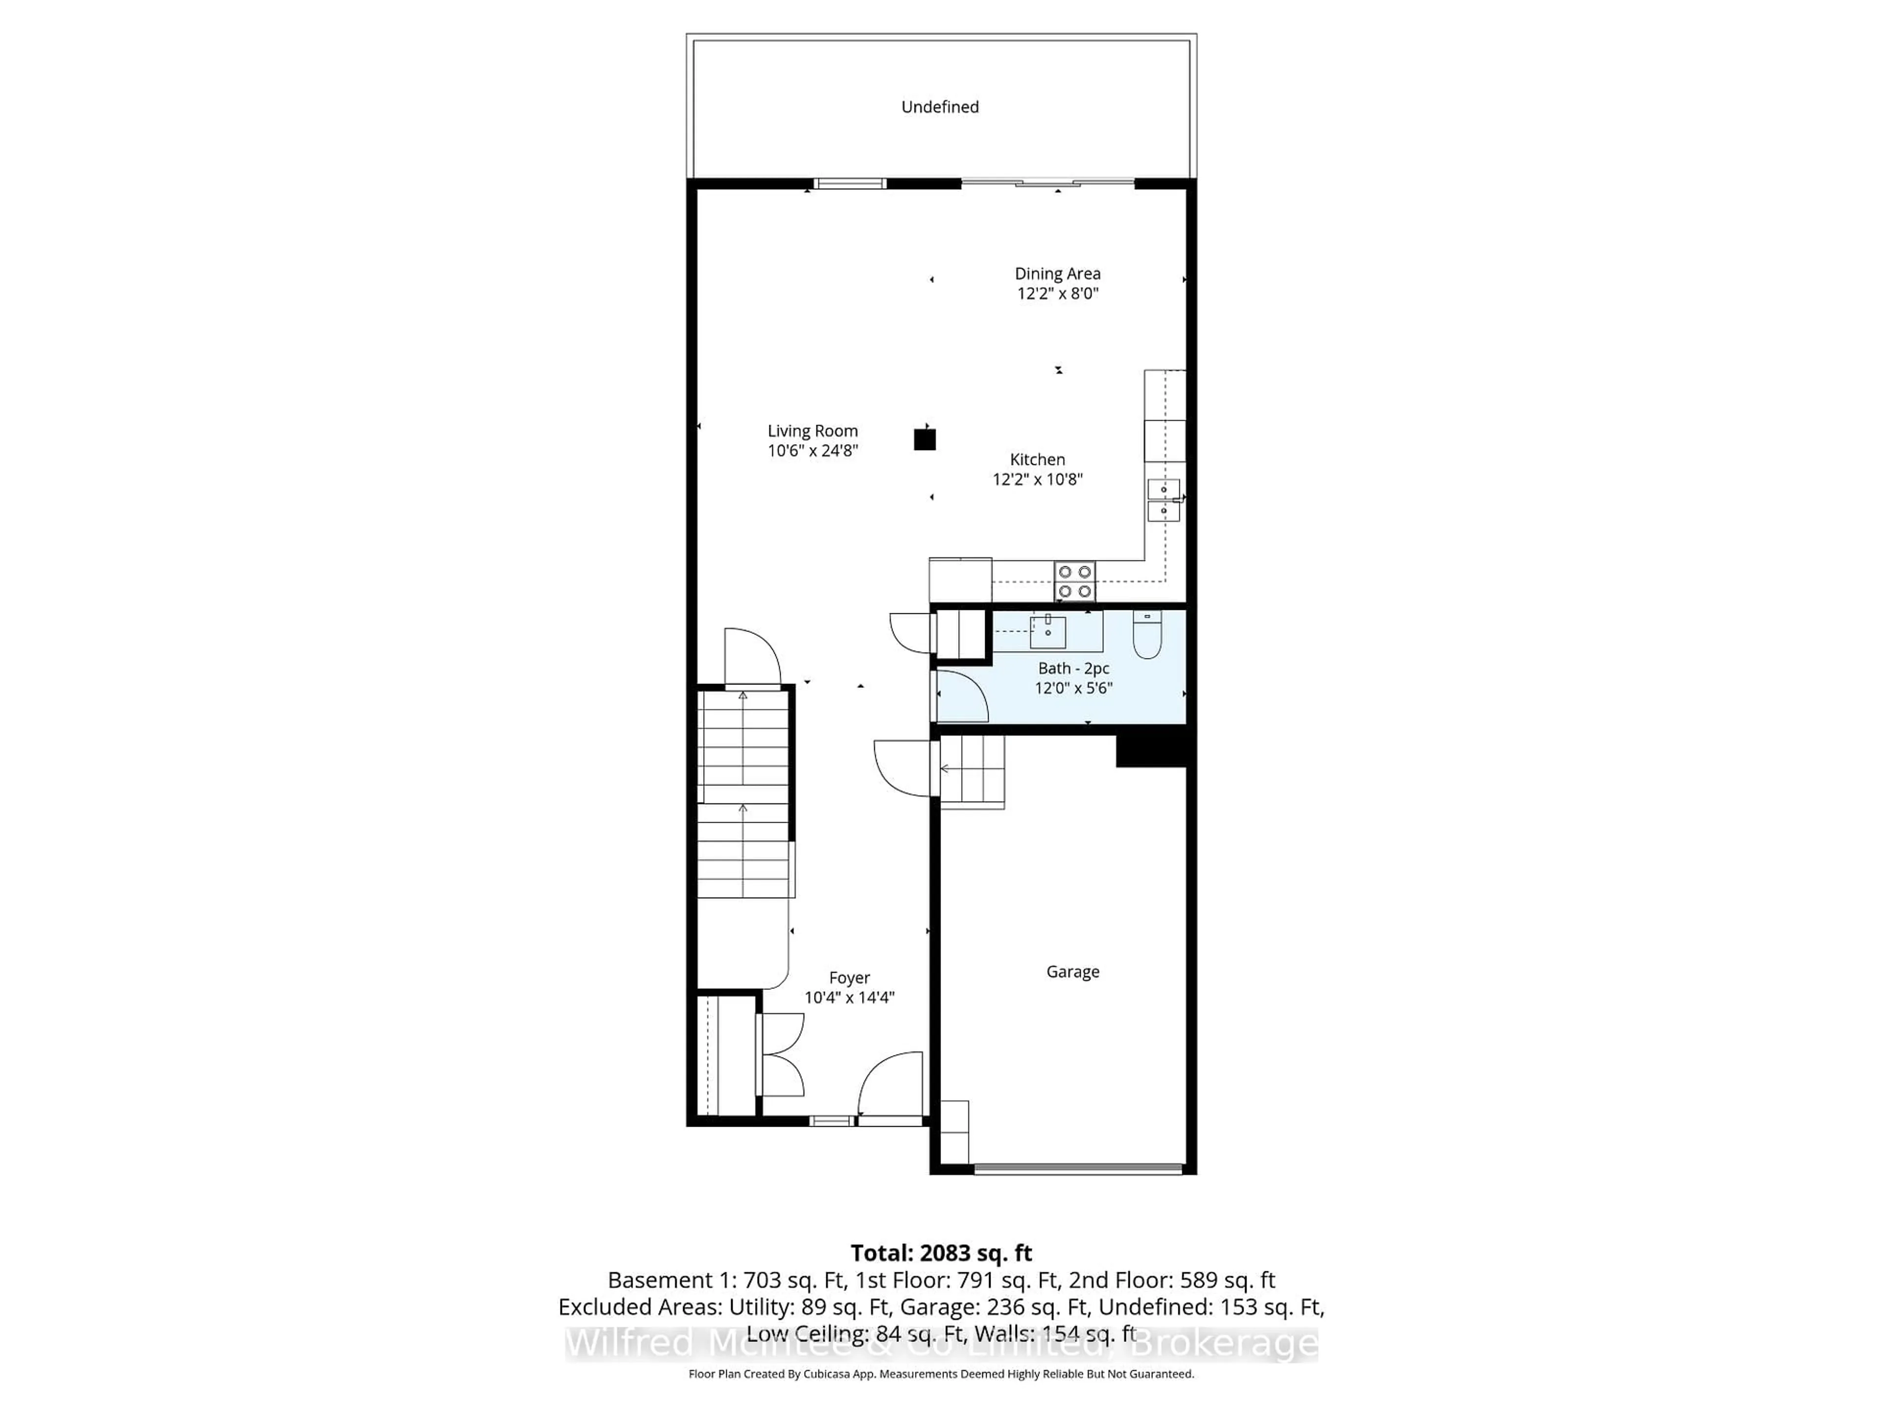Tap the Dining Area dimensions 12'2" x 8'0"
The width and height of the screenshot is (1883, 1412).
click(x=1057, y=294)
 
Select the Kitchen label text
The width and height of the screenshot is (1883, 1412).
click(x=1037, y=459)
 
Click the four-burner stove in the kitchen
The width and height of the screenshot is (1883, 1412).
click(x=1074, y=581)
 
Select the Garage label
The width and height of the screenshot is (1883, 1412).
click(x=1072, y=971)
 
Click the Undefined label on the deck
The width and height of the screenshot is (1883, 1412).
click(x=940, y=106)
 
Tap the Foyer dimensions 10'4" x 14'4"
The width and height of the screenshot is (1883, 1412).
click(x=849, y=998)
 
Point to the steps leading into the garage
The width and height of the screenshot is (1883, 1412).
click(x=972, y=770)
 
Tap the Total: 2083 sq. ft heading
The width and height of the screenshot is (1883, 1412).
click(x=941, y=1253)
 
